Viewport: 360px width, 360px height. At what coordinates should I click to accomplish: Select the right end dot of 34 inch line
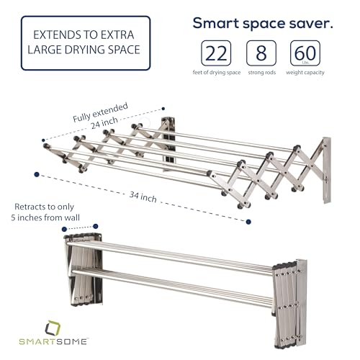[248, 221]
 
